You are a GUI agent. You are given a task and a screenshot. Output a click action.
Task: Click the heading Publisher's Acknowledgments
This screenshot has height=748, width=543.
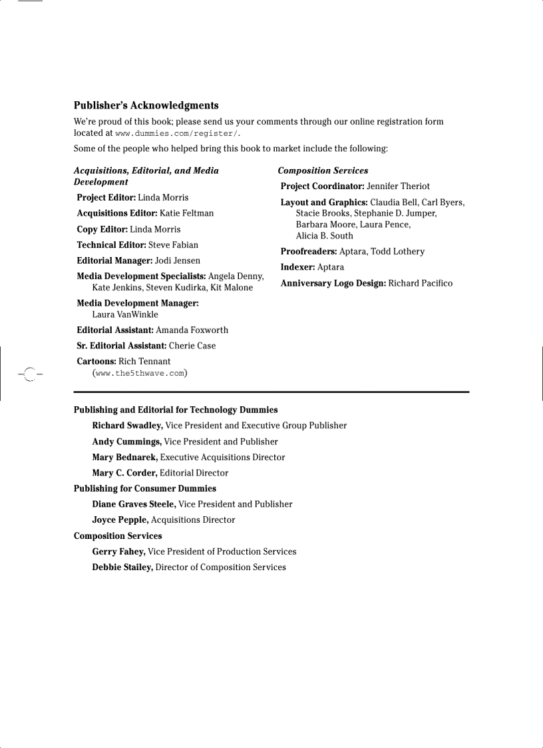pos(146,105)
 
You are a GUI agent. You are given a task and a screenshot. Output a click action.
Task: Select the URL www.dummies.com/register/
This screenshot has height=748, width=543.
pos(176,134)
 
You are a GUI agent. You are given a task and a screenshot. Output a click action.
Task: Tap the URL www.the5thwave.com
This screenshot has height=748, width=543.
pos(140,373)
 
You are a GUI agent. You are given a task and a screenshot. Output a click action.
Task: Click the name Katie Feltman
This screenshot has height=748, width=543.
pos(186,213)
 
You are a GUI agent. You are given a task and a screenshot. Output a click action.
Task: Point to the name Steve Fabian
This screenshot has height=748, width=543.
pos(173,245)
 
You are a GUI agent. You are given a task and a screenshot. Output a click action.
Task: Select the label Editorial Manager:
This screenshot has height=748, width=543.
pos(114,260)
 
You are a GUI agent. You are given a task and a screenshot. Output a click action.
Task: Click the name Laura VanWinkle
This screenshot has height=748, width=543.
pos(125,314)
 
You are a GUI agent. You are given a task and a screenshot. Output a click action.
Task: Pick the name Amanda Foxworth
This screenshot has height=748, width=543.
pos(192,330)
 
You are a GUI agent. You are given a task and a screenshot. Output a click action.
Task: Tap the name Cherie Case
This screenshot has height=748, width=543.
pos(192,346)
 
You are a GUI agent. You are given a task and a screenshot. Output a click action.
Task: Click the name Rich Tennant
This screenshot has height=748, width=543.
pos(144,362)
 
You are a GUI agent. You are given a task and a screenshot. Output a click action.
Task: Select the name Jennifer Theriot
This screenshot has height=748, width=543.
pos(398,187)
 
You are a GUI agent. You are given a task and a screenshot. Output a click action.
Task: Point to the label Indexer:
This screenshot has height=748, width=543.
pos(297,267)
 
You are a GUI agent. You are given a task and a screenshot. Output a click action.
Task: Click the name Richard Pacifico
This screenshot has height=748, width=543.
pos(420,283)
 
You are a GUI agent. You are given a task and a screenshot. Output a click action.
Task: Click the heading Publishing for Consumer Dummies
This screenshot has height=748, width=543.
pos(144,488)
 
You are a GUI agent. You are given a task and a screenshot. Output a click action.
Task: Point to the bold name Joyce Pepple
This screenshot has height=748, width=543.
pos(120,520)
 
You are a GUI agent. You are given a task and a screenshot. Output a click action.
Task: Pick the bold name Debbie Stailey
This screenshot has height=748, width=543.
pos(122,567)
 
